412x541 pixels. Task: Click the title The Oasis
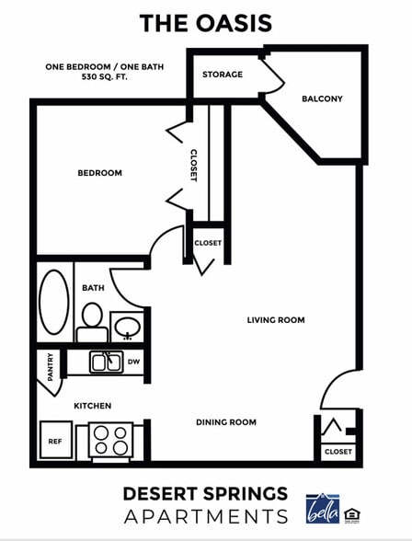click(205, 23)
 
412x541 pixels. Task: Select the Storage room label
click(223, 75)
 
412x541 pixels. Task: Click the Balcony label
click(322, 98)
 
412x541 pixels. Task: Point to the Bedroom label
click(99, 173)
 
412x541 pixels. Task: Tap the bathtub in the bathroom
click(54, 301)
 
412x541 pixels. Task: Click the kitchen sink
click(106, 362)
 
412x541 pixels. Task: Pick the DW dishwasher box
click(133, 362)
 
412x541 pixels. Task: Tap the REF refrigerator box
click(54, 440)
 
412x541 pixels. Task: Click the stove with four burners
click(110, 440)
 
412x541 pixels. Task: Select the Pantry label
click(50, 367)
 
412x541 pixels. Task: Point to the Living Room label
click(275, 320)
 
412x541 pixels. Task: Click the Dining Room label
click(225, 422)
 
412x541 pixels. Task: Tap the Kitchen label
click(93, 406)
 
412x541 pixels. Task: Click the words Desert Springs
click(205, 494)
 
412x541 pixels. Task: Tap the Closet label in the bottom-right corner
click(338, 452)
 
